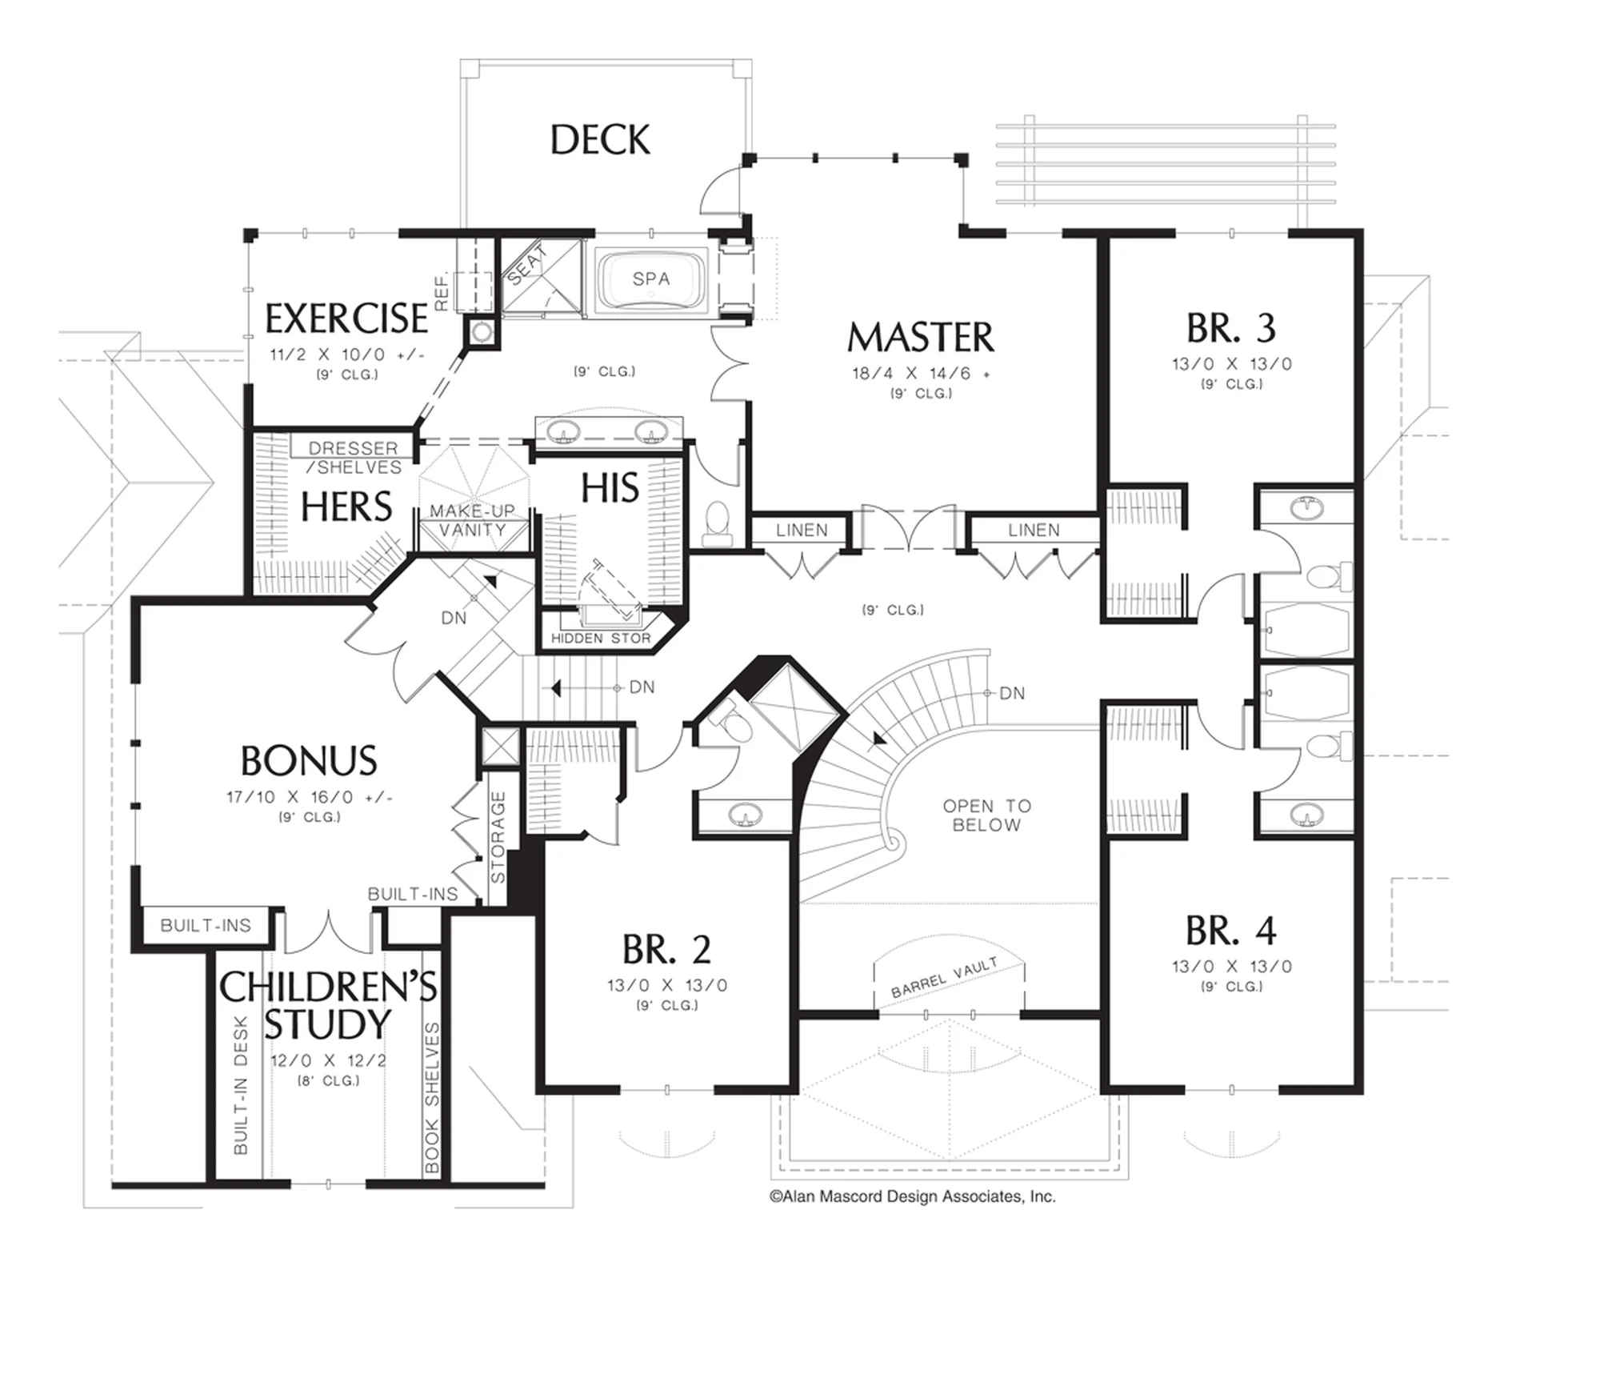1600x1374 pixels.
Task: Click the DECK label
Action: pyautogui.click(x=600, y=140)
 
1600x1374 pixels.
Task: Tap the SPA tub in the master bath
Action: pyautogui.click(x=651, y=280)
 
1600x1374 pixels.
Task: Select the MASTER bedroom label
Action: pyautogui.click(x=921, y=337)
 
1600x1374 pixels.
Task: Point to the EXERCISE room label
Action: pyautogui.click(x=346, y=318)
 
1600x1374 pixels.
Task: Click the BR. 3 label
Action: pyautogui.click(x=1231, y=327)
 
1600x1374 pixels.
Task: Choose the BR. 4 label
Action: pyautogui.click(x=1231, y=930)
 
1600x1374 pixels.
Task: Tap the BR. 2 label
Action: pyautogui.click(x=666, y=949)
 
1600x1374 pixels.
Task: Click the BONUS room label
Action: pyautogui.click(x=309, y=761)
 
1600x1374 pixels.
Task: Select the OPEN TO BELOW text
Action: pyautogui.click(x=986, y=815)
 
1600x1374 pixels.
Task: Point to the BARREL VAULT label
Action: pyautogui.click(x=944, y=978)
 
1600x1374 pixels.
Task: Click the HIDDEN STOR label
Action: pyautogui.click(x=601, y=639)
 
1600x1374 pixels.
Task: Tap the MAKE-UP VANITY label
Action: pyautogui.click(x=472, y=520)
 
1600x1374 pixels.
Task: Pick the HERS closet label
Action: pyautogui.click(x=346, y=507)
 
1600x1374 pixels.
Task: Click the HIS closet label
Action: pyautogui.click(x=610, y=488)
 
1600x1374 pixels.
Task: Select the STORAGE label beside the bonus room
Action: pyautogui.click(x=498, y=837)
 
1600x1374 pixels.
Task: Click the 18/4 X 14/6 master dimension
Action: pyautogui.click(x=921, y=374)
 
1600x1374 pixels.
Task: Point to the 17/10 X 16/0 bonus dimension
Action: pyautogui.click(x=309, y=798)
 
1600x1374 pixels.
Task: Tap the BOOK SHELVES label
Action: pyautogui.click(x=432, y=1098)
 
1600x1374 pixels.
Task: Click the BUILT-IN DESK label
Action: pyautogui.click(x=241, y=1085)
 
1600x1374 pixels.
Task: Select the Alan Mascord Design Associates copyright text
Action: pyautogui.click(x=913, y=1196)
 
